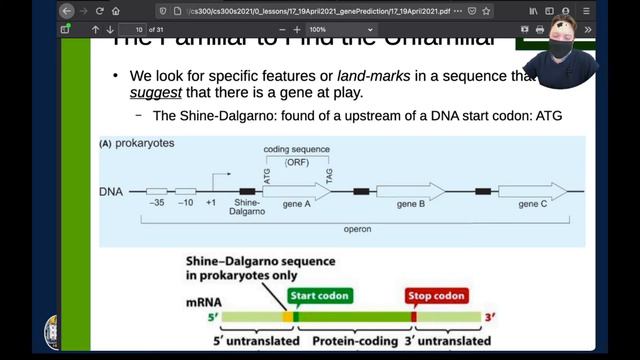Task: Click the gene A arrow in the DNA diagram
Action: click(x=294, y=190)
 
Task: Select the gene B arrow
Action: click(x=410, y=190)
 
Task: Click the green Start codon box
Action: click(x=317, y=296)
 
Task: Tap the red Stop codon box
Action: click(x=436, y=296)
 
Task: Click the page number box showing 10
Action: click(x=139, y=30)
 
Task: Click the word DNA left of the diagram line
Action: click(x=112, y=190)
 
